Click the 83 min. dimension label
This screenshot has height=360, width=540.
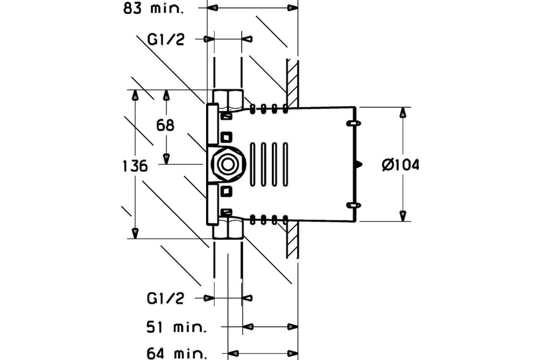coord(153,9)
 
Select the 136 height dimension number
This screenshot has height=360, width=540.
coord(135,166)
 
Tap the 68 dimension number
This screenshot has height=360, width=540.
coord(165,126)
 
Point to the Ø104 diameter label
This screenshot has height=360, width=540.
coord(400,165)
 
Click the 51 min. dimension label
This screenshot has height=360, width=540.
coord(176,327)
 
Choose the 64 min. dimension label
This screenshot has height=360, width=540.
coord(177,354)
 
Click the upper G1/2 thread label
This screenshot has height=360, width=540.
coord(166,40)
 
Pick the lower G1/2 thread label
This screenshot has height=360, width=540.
coord(166,298)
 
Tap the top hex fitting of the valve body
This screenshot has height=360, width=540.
coord(228,99)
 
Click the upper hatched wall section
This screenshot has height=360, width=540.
coord(292,83)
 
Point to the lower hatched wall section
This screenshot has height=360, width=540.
coord(292,240)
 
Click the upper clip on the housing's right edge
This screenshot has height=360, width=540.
coord(354,123)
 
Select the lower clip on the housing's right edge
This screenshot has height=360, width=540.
coord(354,206)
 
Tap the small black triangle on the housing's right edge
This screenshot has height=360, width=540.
coord(359,164)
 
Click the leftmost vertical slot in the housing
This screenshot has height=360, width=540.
coord(252,164)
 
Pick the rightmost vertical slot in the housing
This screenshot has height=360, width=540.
coord(285,164)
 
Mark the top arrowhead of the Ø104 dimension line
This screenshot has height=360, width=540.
coord(403,112)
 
